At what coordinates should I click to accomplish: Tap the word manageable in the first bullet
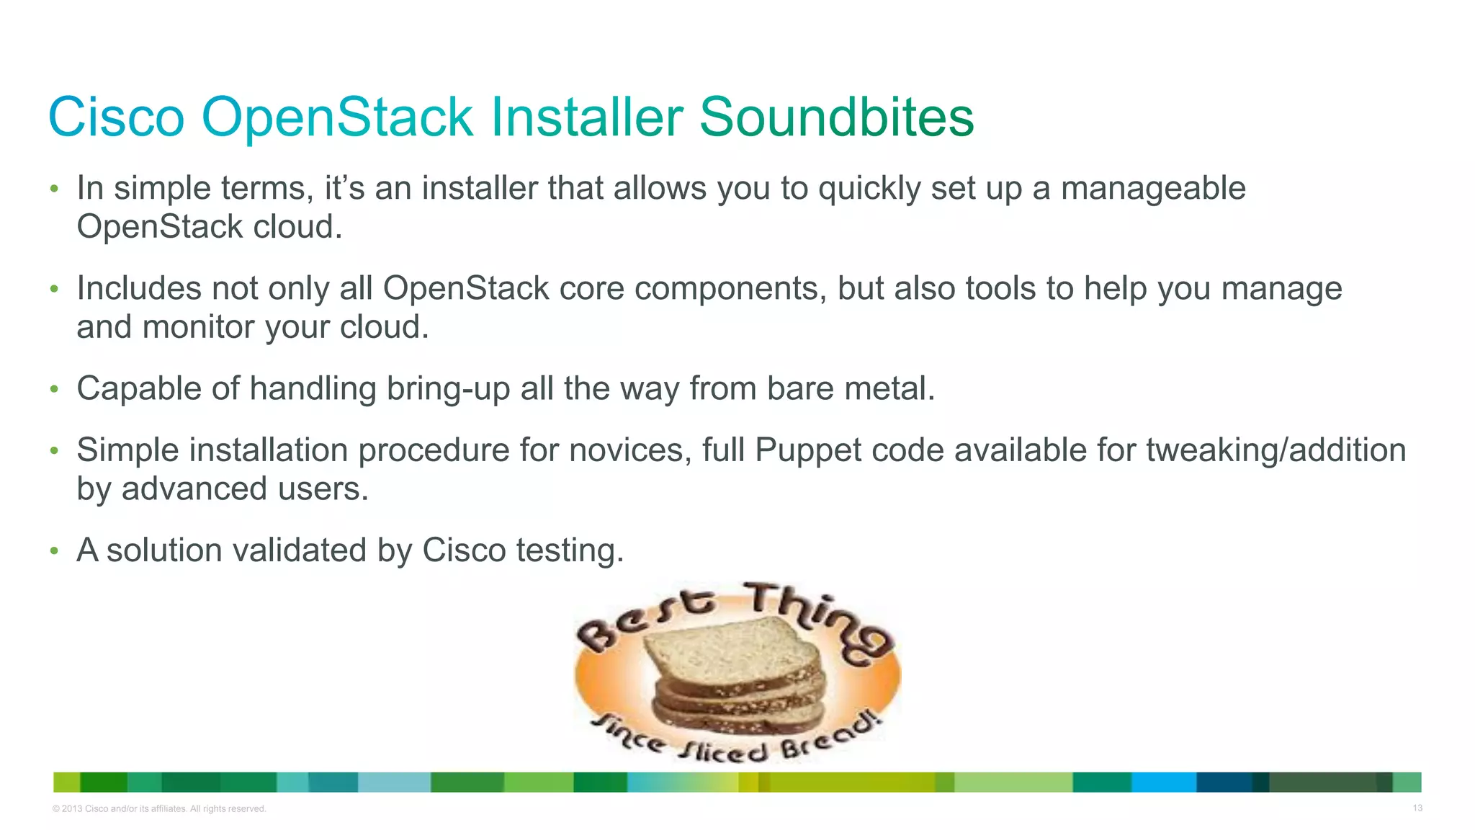pyautogui.click(x=1153, y=189)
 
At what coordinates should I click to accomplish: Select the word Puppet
pyautogui.click(x=808, y=451)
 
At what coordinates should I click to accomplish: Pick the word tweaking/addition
pyautogui.click(x=1276, y=451)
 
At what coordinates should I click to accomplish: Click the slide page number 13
pyautogui.click(x=1417, y=808)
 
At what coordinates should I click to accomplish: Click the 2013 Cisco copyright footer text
pyautogui.click(x=159, y=809)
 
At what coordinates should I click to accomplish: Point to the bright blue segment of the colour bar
pyautogui.click(x=1163, y=782)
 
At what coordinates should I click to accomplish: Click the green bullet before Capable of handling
pyautogui.click(x=53, y=390)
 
